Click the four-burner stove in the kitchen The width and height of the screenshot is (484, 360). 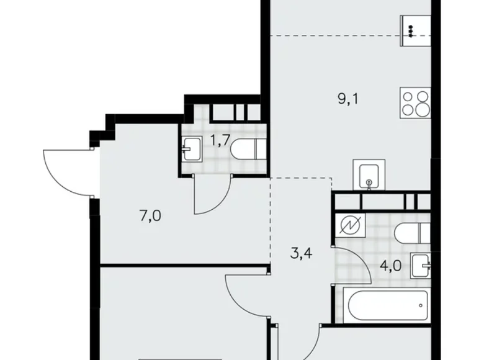click(x=414, y=104)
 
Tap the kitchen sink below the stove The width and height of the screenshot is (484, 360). click(x=369, y=175)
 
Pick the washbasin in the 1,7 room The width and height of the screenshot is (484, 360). click(x=193, y=149)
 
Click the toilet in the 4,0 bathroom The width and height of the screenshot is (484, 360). click(x=410, y=232)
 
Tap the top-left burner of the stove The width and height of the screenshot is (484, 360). click(x=408, y=97)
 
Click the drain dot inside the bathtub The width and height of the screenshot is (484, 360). click(x=422, y=305)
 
